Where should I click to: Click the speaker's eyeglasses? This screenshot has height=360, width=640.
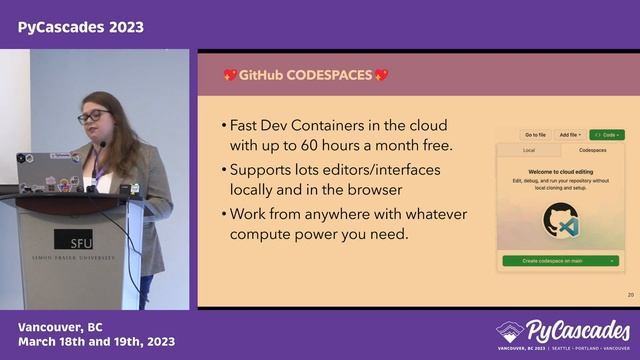[92, 117]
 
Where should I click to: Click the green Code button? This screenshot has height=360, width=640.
[606, 134]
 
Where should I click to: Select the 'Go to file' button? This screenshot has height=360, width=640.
[535, 134]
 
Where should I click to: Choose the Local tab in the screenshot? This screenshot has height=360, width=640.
[529, 150]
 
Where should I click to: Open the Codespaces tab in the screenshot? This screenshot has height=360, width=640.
[591, 150]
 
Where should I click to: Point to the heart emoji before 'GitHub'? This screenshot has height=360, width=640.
[230, 75]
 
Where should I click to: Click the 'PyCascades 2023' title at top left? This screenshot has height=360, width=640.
[80, 27]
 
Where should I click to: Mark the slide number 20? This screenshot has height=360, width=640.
[630, 295]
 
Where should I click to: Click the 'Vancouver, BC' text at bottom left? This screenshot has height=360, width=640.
[60, 328]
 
